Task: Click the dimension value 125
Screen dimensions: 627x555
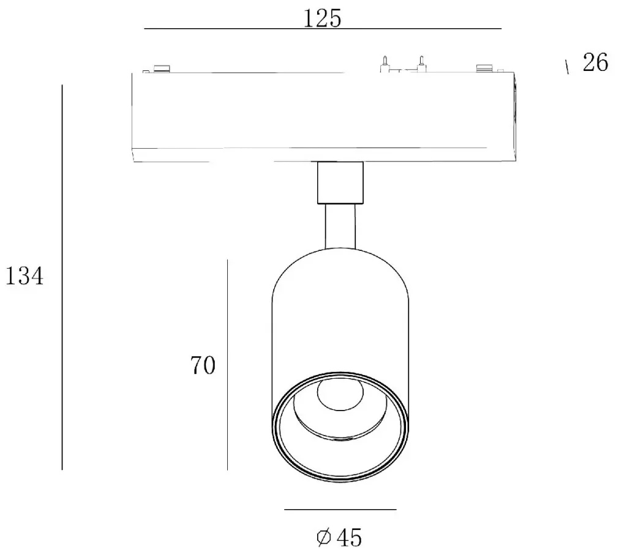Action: pyautogui.click(x=322, y=18)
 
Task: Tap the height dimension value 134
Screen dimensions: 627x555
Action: pyautogui.click(x=24, y=276)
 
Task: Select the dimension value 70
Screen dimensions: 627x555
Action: pyautogui.click(x=203, y=365)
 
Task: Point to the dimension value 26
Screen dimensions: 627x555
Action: pyautogui.click(x=595, y=62)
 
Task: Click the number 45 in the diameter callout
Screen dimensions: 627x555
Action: pyautogui.click(x=349, y=537)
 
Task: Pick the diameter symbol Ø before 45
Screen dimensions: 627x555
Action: pyautogui.click(x=324, y=537)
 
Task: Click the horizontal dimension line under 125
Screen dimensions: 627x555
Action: pyautogui.click(x=323, y=29)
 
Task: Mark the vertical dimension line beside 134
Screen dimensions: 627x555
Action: pyautogui.click(x=62, y=277)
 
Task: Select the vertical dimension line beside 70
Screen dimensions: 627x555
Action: pyautogui.click(x=227, y=365)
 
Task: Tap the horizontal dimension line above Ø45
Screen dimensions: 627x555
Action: pyautogui.click(x=340, y=510)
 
